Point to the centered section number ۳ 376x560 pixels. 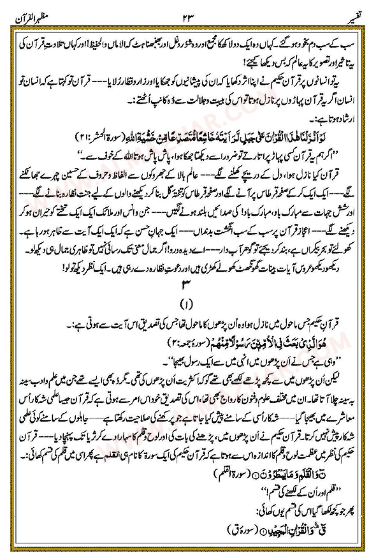188,286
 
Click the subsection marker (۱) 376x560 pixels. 188,304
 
